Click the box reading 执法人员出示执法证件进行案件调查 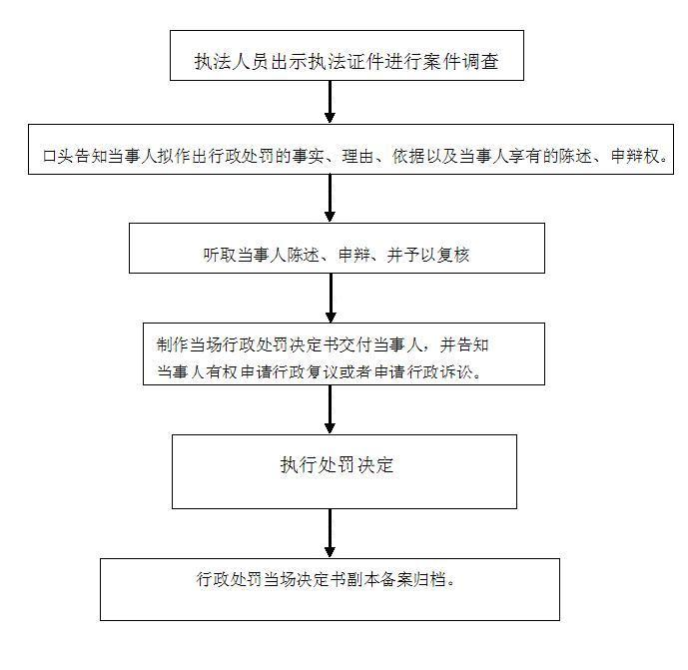click(346, 55)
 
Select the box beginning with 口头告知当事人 click(350, 149)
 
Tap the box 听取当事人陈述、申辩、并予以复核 click(337, 248)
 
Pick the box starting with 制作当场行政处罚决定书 click(344, 354)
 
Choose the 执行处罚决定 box click(344, 471)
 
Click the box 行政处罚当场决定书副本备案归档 click(330, 589)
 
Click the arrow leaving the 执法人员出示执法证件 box click(330, 102)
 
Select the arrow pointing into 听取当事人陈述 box click(330, 199)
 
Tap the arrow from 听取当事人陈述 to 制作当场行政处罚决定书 click(331, 298)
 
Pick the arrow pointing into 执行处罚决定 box click(330, 409)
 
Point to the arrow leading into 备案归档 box click(330, 533)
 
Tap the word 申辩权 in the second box click(635, 156)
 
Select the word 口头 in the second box click(59, 156)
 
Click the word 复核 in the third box click(453, 255)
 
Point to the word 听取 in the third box click(220, 255)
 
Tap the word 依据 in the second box click(408, 156)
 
